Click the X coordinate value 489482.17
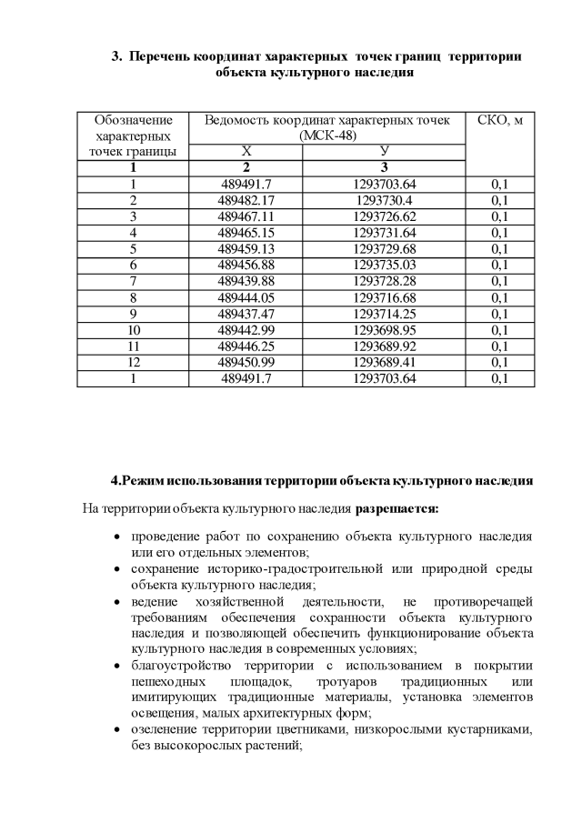(x=246, y=200)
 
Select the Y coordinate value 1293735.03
(x=384, y=265)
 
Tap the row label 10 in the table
(x=134, y=329)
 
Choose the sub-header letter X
(x=246, y=151)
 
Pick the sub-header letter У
(x=384, y=151)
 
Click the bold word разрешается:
(x=397, y=507)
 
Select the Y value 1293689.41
(x=384, y=362)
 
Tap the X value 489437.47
(x=246, y=313)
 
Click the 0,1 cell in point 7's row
(x=499, y=281)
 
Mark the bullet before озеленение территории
(x=118, y=731)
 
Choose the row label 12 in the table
(x=134, y=362)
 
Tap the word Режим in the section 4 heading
(x=143, y=479)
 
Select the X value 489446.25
(x=246, y=346)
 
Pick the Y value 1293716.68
(x=384, y=297)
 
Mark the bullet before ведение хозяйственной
(x=118, y=602)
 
